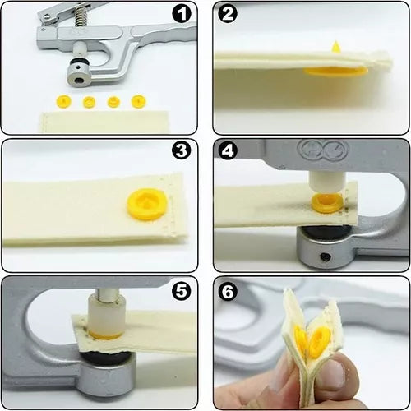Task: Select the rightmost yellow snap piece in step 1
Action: pyautogui.click(x=137, y=102)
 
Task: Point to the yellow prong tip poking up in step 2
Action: pyautogui.click(x=335, y=47)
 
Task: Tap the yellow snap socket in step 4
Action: pyautogui.click(x=326, y=201)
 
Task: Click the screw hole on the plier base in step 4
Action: pyautogui.click(x=326, y=258)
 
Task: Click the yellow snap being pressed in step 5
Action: pyautogui.click(x=105, y=335)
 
